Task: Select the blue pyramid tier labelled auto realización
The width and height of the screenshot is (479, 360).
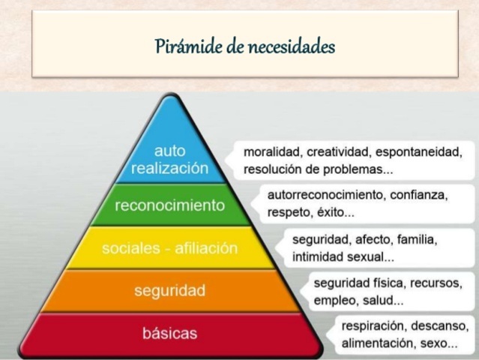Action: [169, 159]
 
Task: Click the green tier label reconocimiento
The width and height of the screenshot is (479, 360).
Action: [169, 205]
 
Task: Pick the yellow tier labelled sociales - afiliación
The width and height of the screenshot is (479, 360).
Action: [169, 248]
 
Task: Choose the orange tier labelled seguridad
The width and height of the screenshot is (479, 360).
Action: [169, 289]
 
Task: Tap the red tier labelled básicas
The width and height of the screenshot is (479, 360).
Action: [169, 332]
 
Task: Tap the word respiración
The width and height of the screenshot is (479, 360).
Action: [375, 326]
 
